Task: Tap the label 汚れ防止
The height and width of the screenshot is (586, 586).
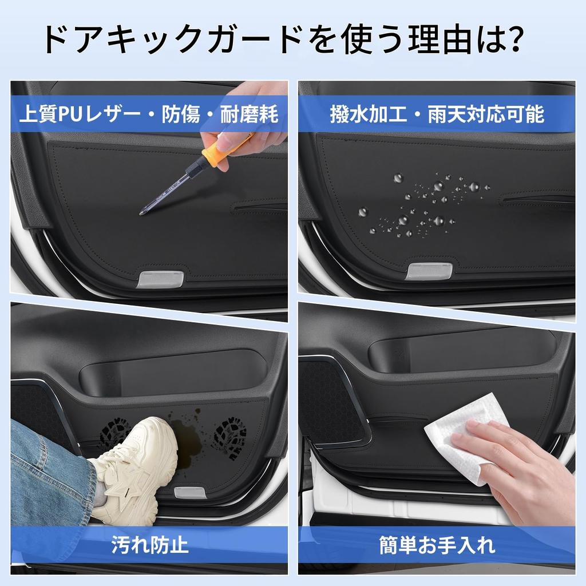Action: coord(150,544)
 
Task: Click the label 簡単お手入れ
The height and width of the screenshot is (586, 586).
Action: coord(437,544)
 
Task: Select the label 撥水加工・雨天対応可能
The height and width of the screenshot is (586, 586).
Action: coord(437,114)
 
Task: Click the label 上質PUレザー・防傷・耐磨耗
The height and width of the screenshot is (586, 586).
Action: coord(149,114)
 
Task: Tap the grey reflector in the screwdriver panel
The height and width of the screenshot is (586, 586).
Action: coord(161,279)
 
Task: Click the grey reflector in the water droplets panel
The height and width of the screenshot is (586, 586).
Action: coord(429,271)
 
